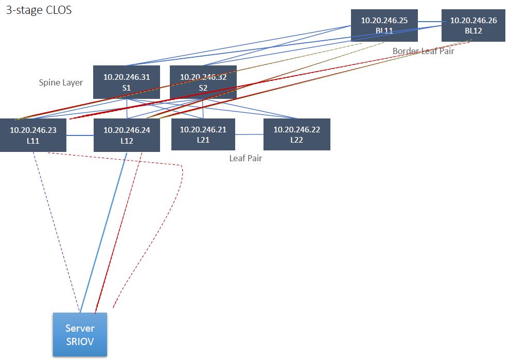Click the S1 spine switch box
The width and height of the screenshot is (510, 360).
pyautogui.click(x=126, y=82)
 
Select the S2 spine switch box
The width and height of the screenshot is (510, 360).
pyautogui.click(x=203, y=82)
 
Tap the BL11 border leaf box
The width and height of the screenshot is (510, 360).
pyautogui.click(x=384, y=25)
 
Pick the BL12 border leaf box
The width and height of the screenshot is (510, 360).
pyautogui.click(x=473, y=25)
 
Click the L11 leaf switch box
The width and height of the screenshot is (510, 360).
pyautogui.click(x=33, y=135)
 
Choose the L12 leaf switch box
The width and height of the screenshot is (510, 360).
pyautogui.click(x=127, y=135)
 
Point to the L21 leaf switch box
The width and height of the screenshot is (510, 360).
pyautogui.click(x=203, y=134)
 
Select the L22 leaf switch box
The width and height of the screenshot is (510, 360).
pyautogui.click(x=296, y=134)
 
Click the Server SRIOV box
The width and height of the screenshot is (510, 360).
pyautogui.click(x=80, y=334)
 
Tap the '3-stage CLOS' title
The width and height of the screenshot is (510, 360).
pyautogui.click(x=39, y=10)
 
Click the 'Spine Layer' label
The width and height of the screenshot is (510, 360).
pyautogui.click(x=61, y=82)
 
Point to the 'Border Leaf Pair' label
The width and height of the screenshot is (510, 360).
pyautogui.click(x=423, y=51)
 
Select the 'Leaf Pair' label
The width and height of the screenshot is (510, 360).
pyautogui.click(x=245, y=158)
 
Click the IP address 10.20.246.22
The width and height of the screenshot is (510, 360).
pyautogui.click(x=296, y=130)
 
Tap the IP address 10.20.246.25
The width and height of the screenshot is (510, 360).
pyautogui.click(x=384, y=21)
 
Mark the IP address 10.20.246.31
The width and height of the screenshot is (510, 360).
pyautogui.click(x=126, y=77)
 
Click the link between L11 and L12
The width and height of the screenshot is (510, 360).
pyautogui.click(x=80, y=135)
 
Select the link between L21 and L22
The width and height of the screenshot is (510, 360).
pyautogui.click(x=249, y=134)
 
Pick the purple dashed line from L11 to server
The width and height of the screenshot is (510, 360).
pyautogui.click(x=57, y=232)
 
